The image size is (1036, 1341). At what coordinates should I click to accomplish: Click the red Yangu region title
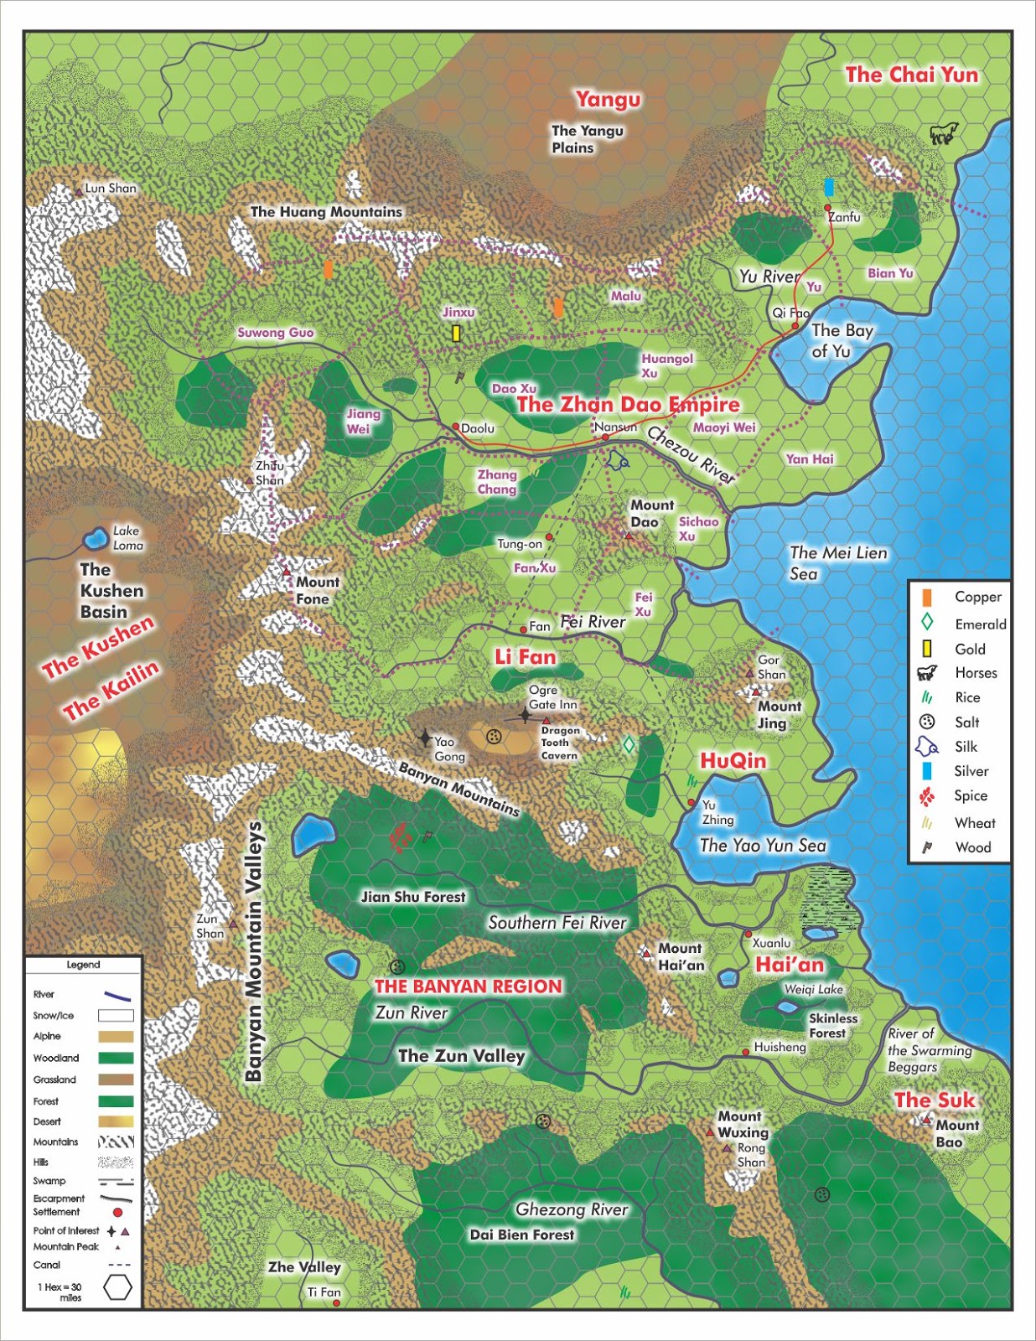click(x=608, y=100)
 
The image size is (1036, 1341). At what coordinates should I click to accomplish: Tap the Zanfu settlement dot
click(x=827, y=207)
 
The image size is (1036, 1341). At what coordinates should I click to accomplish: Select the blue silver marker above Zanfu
click(x=828, y=187)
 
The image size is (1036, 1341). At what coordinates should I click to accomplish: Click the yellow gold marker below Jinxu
click(x=456, y=334)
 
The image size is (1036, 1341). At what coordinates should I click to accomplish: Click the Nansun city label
click(x=615, y=427)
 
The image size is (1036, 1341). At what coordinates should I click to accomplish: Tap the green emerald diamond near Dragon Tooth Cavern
click(x=629, y=744)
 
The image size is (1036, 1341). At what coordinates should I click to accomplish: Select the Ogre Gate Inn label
click(x=552, y=697)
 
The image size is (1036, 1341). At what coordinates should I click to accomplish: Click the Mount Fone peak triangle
click(x=287, y=571)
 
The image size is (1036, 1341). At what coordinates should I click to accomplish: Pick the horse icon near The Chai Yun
click(x=943, y=132)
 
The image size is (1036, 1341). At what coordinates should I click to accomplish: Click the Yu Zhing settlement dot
click(x=692, y=803)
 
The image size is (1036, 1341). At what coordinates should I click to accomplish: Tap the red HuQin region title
click(x=733, y=760)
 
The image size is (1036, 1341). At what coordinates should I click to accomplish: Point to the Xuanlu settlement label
click(x=771, y=943)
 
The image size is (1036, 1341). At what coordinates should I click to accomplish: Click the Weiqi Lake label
click(x=813, y=989)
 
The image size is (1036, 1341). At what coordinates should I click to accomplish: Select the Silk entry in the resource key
click(x=966, y=747)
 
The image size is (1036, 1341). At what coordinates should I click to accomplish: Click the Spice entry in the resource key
click(x=970, y=795)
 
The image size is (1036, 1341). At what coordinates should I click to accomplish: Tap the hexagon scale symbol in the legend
click(x=117, y=1287)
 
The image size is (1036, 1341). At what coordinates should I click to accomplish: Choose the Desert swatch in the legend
click(x=116, y=1121)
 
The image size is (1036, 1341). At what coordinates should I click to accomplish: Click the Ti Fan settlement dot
click(x=337, y=1303)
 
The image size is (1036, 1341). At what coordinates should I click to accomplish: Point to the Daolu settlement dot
click(x=455, y=427)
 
